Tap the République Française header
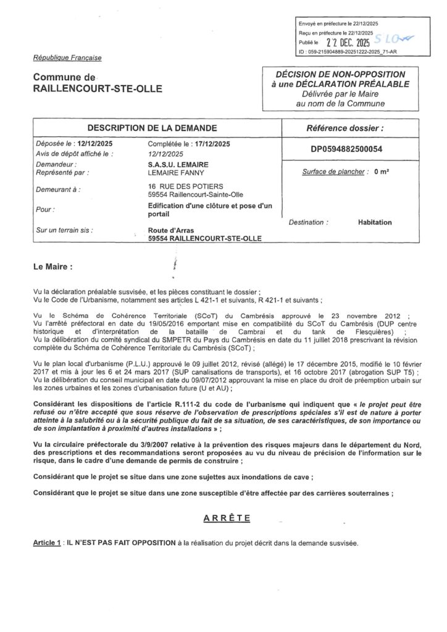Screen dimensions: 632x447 tap(68, 58)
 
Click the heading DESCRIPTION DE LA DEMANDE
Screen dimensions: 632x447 tap(152, 128)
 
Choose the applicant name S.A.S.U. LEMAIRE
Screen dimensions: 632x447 tap(175, 164)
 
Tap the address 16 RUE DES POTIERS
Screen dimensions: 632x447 tap(179, 186)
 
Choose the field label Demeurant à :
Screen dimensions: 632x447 tap(58, 189)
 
